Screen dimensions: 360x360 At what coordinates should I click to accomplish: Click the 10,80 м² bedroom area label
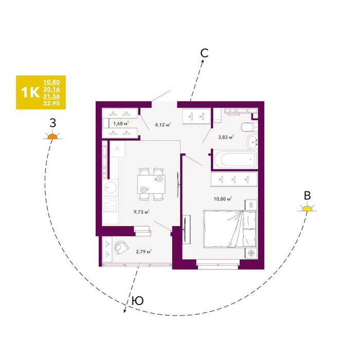(x=223, y=199)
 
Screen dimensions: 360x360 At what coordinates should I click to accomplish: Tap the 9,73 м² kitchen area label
(x=141, y=212)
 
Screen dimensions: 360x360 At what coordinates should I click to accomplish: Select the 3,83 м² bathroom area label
(x=226, y=137)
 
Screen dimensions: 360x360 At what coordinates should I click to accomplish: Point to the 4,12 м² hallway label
(x=163, y=125)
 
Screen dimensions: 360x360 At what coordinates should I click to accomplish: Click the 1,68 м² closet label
(x=121, y=123)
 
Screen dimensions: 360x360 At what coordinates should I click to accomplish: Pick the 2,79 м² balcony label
(x=143, y=251)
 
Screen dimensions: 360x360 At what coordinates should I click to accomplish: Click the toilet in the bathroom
(x=249, y=127)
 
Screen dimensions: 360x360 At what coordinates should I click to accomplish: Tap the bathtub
(x=235, y=159)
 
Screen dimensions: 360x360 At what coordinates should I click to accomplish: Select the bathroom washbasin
(x=253, y=141)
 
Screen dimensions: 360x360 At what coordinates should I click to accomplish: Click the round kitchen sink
(x=111, y=188)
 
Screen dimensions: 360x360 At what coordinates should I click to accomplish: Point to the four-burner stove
(x=110, y=204)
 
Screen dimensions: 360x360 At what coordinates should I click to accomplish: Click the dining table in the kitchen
(x=151, y=184)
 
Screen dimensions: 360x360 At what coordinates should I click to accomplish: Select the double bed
(x=230, y=229)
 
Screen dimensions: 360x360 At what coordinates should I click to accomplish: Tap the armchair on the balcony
(x=121, y=247)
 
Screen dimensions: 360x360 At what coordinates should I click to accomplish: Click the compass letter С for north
(x=204, y=53)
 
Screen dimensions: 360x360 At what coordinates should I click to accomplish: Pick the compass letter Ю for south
(x=138, y=300)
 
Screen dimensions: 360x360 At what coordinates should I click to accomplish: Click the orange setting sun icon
(x=52, y=136)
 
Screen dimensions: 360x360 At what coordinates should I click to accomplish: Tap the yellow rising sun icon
(x=307, y=208)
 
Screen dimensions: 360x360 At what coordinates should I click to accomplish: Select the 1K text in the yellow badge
(x=30, y=92)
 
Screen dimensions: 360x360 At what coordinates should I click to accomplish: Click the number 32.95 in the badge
(x=51, y=103)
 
